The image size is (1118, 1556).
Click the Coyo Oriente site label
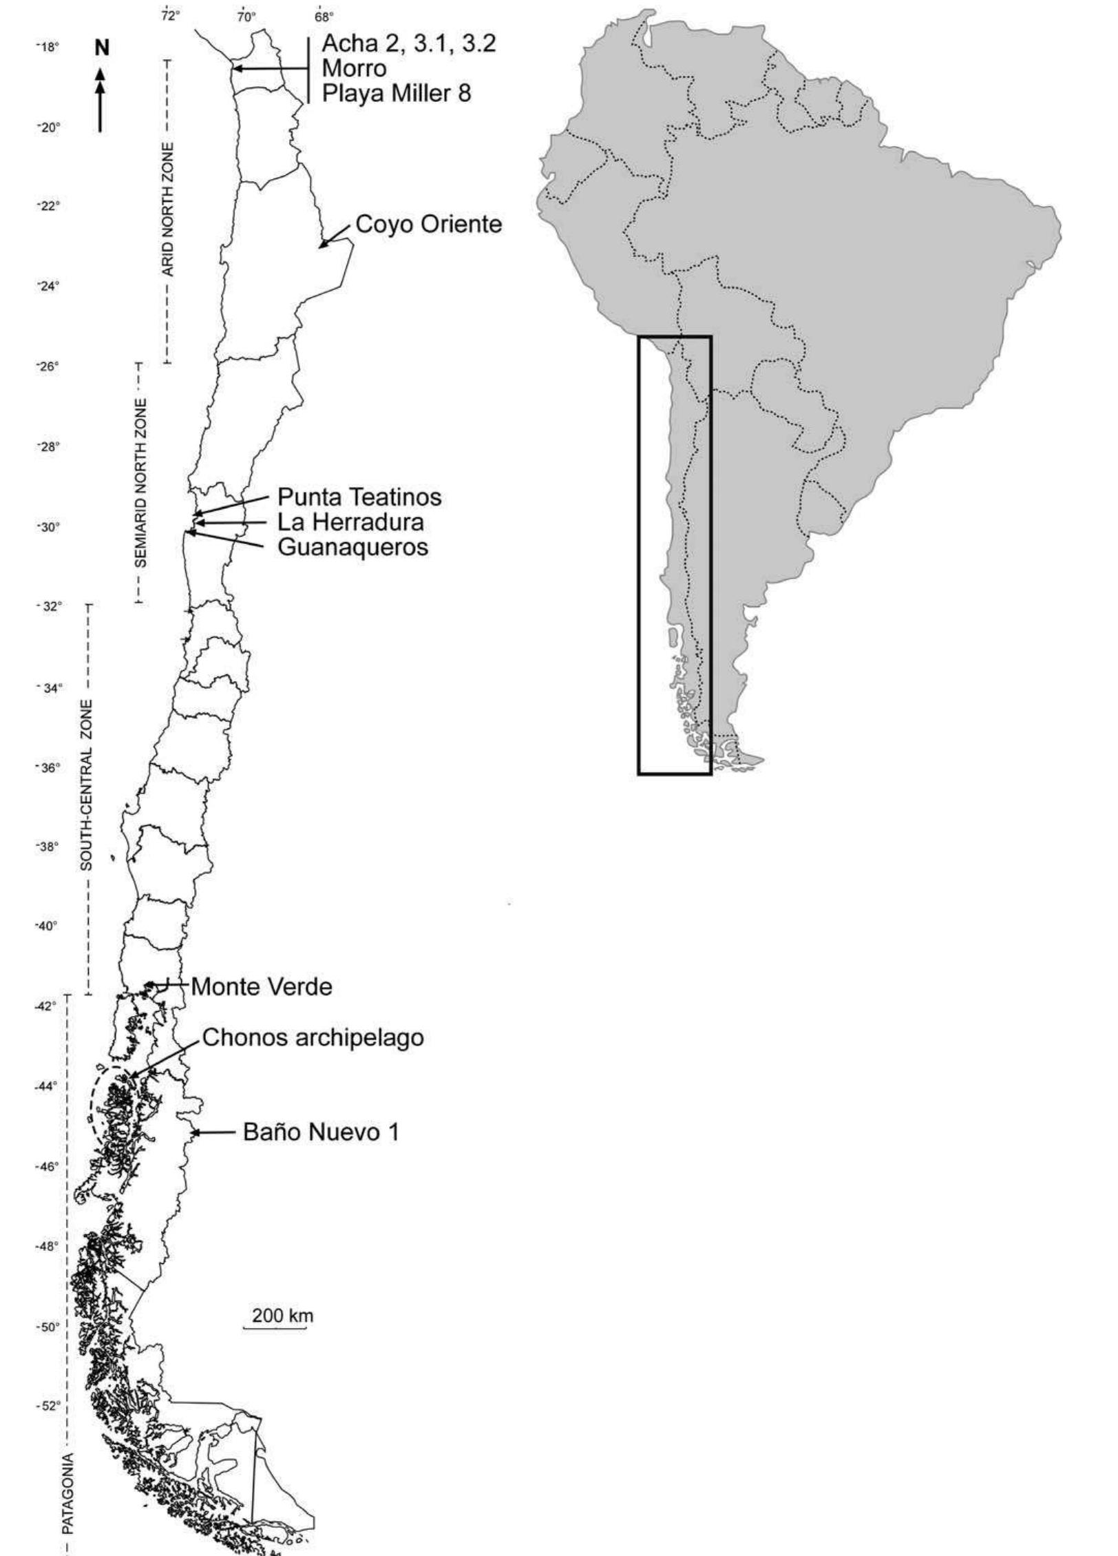click(x=429, y=225)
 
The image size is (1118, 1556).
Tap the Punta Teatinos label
click(x=359, y=497)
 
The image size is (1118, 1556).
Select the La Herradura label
click(x=350, y=522)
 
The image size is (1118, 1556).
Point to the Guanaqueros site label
click(x=352, y=547)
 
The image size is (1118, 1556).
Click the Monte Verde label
click(x=262, y=987)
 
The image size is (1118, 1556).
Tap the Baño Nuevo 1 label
click(x=321, y=1132)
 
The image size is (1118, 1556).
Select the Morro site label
click(x=355, y=68)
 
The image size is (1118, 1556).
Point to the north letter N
click(x=102, y=48)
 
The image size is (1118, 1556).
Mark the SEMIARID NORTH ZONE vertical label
click(x=140, y=482)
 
